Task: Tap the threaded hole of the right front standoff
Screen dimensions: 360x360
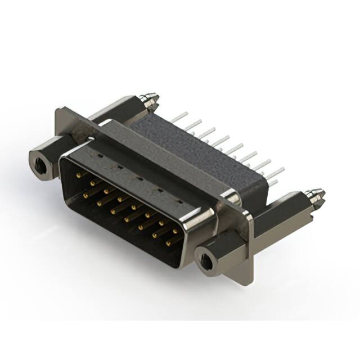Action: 208,261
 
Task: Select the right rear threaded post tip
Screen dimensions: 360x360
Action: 317,195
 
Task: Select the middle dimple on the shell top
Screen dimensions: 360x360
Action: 138,175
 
